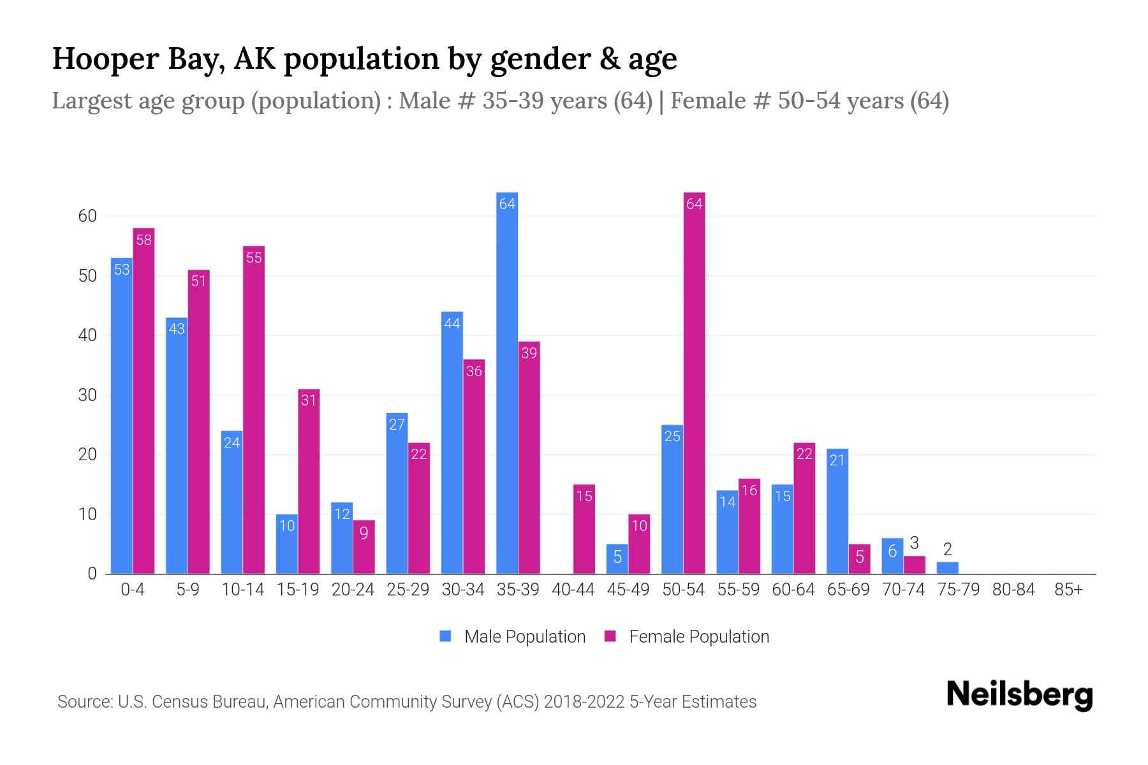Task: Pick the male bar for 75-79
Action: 947,568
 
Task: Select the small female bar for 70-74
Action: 914,565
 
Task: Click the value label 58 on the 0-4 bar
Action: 144,240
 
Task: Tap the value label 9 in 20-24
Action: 364,533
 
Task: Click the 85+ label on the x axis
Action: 1068,590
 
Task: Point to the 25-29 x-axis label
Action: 408,590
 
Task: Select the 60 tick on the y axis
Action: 87,216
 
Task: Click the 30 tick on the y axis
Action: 87,395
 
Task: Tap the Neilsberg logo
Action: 1019,695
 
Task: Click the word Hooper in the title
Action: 105,59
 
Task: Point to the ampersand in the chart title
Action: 611,59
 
